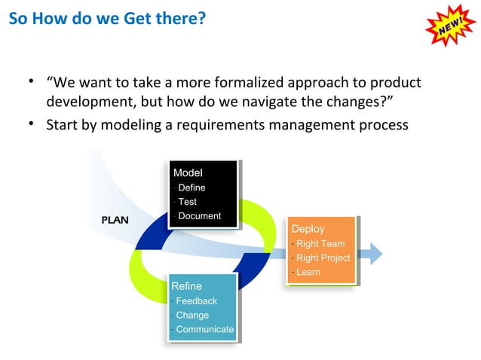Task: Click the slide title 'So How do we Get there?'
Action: pyautogui.click(x=107, y=19)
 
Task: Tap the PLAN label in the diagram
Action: pyautogui.click(x=115, y=221)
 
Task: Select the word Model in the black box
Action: pyautogui.click(x=188, y=173)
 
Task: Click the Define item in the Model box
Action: pyautogui.click(x=191, y=188)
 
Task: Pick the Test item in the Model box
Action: pyautogui.click(x=187, y=202)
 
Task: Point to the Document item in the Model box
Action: pyautogui.click(x=199, y=216)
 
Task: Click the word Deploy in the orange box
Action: pyautogui.click(x=308, y=229)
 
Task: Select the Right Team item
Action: pyautogui.click(x=320, y=243)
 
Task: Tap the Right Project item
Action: pyautogui.click(x=323, y=258)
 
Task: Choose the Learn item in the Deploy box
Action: pyautogui.click(x=308, y=272)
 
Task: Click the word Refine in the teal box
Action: pyautogui.click(x=186, y=286)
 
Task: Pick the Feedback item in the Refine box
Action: pyautogui.click(x=196, y=301)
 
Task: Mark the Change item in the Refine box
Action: pyautogui.click(x=192, y=315)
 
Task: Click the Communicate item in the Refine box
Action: pyautogui.click(x=204, y=329)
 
